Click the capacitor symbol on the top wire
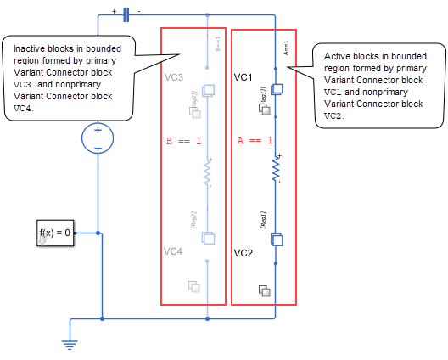(126, 14)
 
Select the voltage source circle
(98, 138)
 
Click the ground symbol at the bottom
(69, 345)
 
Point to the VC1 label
(244, 77)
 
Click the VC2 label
(244, 253)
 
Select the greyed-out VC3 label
(173, 76)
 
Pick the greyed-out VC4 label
(174, 251)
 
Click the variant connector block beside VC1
(277, 89)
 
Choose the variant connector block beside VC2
(277, 240)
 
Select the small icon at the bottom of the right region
(265, 290)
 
